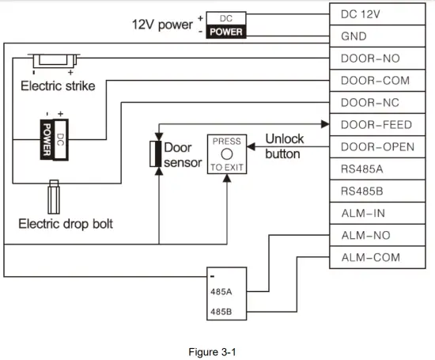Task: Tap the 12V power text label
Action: coord(161,25)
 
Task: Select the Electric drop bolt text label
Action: coord(65,224)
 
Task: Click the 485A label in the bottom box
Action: coord(221,290)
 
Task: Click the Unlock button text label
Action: coord(283,146)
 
